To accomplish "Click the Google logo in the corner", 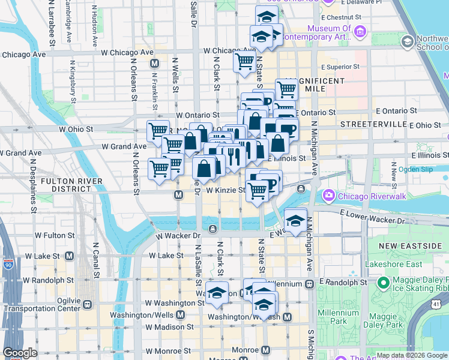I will [x=20, y=353].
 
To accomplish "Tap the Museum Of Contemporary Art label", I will [x=330, y=33].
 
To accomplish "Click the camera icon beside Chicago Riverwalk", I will [x=329, y=196].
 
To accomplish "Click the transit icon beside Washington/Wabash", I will [x=287, y=317].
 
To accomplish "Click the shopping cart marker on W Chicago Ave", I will [x=244, y=60].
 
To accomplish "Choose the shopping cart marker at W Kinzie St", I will [x=258, y=190].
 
